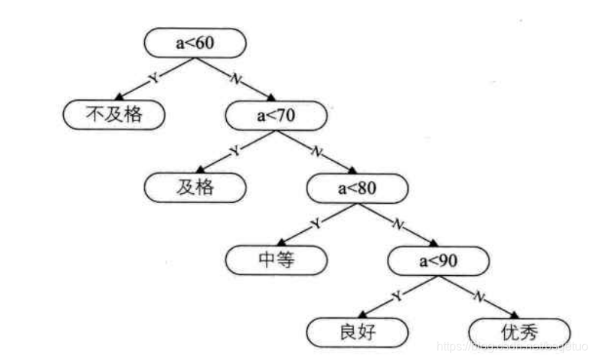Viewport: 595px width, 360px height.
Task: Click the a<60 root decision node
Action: [195, 43]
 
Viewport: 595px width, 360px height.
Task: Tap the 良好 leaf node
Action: [358, 331]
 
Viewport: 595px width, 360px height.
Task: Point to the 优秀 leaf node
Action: [519, 331]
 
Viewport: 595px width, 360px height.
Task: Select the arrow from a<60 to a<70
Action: [236, 79]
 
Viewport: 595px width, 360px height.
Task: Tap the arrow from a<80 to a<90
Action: [398, 223]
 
